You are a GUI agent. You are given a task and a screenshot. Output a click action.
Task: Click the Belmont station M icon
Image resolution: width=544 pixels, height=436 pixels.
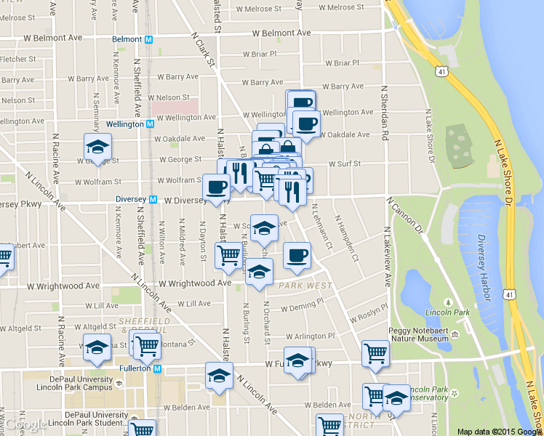(x=148, y=39)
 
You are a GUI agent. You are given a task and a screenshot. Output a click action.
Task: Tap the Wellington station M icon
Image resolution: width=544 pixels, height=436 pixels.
(x=150, y=124)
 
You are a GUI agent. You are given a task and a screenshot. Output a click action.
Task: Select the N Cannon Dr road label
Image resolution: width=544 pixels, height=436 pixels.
(x=405, y=217)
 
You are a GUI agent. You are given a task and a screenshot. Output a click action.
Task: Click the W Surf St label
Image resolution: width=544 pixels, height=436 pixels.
(x=344, y=164)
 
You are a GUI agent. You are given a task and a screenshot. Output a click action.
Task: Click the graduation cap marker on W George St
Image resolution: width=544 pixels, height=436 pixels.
(x=97, y=148)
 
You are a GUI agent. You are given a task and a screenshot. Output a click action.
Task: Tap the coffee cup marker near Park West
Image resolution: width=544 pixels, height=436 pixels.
(x=297, y=255)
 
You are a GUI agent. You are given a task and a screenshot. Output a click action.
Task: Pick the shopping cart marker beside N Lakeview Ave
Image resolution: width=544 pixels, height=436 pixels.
(x=375, y=354)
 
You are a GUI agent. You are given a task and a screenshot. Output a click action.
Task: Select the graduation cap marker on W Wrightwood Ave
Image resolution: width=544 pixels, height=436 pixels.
(x=257, y=272)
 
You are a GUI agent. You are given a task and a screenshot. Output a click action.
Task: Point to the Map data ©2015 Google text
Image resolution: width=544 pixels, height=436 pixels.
(x=500, y=431)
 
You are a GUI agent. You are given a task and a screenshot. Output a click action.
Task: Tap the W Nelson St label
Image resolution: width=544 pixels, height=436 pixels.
(x=169, y=97)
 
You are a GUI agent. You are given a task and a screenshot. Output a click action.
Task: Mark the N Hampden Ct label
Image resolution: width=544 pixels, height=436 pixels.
(x=345, y=238)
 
